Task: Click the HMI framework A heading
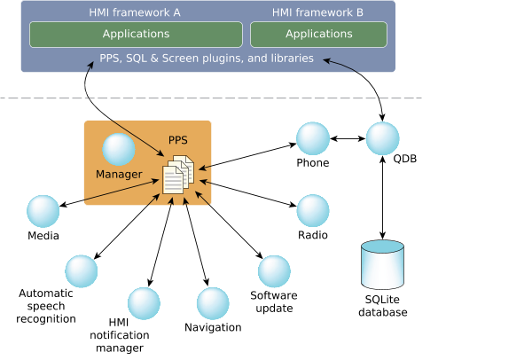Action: (136, 12)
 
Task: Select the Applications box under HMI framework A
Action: (136, 35)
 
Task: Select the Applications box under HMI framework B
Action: (318, 35)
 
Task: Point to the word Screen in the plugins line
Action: (178, 59)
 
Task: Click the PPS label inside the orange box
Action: (178, 141)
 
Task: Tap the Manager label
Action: (119, 174)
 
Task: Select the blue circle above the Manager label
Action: (118, 149)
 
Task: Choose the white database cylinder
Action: (383, 264)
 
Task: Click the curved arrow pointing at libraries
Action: (341, 65)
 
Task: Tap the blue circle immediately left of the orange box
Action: (43, 211)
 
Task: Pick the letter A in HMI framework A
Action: (177, 12)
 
